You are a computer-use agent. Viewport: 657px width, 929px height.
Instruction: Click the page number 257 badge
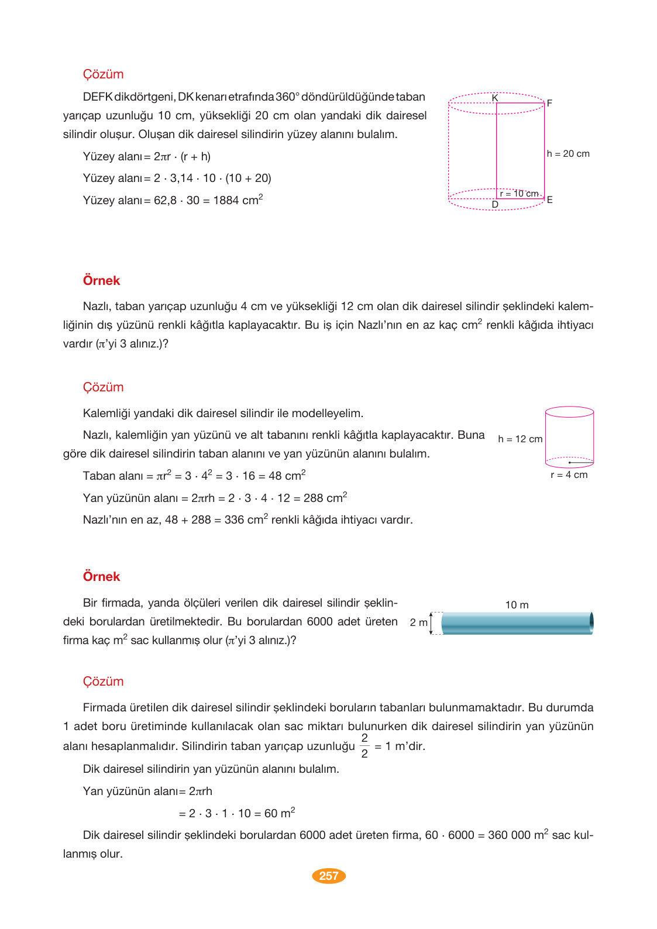click(x=329, y=876)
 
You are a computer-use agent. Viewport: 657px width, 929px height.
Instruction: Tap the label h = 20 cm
click(x=568, y=154)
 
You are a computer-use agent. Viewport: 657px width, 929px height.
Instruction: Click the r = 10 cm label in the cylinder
click(x=519, y=194)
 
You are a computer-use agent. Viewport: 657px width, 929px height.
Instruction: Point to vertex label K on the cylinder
click(x=495, y=98)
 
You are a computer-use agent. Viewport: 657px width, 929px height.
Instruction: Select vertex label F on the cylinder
click(x=549, y=103)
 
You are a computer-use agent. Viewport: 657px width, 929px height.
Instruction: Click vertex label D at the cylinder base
click(x=495, y=205)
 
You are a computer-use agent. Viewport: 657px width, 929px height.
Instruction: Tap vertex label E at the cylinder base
click(x=549, y=200)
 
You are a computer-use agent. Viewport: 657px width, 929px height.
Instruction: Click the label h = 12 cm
click(x=520, y=439)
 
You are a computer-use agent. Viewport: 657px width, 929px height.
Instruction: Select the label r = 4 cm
click(x=569, y=475)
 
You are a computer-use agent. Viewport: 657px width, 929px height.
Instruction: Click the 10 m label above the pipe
click(x=517, y=605)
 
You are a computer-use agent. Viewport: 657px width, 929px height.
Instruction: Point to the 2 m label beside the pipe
click(x=418, y=622)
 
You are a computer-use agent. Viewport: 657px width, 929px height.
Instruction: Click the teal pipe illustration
click(x=517, y=623)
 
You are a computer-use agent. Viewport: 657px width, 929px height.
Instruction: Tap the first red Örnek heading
click(x=101, y=281)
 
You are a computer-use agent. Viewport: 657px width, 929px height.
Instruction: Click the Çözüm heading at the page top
click(x=103, y=74)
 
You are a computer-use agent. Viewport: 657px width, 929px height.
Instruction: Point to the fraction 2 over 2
click(x=364, y=746)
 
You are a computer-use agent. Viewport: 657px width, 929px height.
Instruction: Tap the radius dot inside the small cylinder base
click(x=569, y=463)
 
